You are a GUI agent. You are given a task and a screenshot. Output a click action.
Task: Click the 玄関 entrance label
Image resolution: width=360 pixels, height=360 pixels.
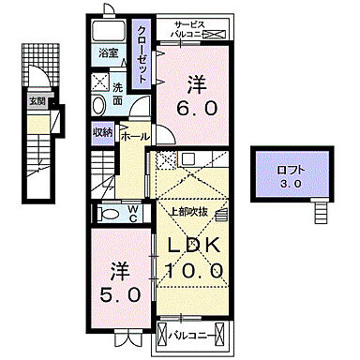tap(36, 100)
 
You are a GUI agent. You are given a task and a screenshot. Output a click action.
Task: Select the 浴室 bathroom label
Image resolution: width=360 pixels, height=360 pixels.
tap(108, 55)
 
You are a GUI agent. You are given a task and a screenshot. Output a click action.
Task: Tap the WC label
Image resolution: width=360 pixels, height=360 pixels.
tap(133, 213)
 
